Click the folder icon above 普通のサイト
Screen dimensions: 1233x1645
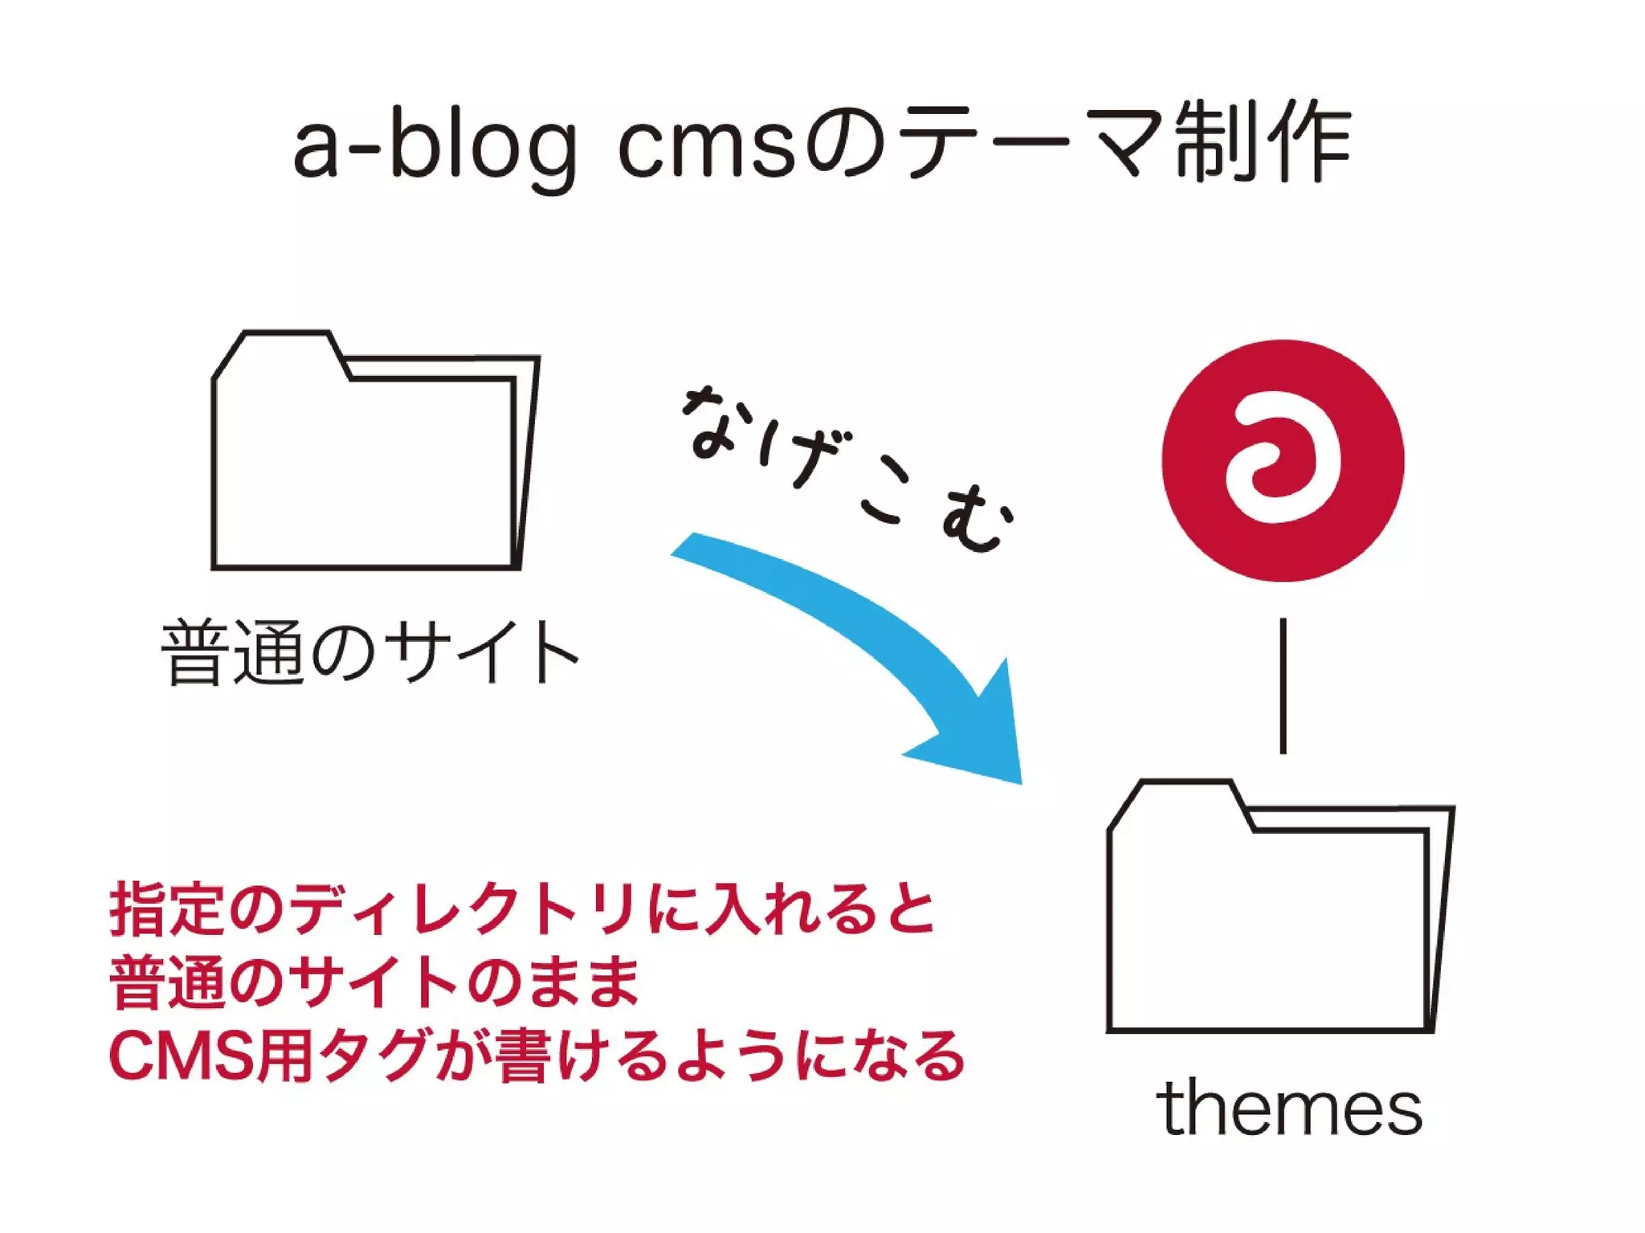(369, 466)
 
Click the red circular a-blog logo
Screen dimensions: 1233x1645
(1282, 460)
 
